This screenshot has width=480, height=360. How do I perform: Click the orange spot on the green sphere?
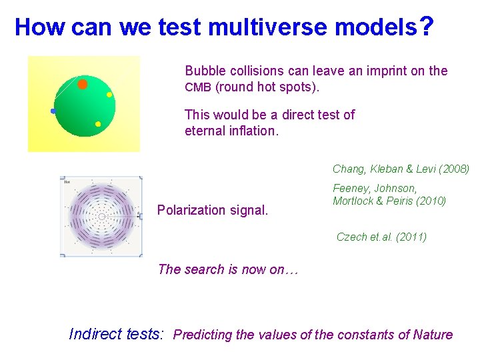pos(83,84)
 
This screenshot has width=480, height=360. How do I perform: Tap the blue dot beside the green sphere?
pos(53,111)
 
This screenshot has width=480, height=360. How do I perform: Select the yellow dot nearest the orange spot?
pos(109,95)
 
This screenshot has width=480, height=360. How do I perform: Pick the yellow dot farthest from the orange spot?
pos(98,124)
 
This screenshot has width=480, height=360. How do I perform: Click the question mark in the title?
pos(427,27)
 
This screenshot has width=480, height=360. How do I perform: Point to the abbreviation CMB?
pos(197,87)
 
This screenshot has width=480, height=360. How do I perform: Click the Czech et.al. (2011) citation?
pos(381,237)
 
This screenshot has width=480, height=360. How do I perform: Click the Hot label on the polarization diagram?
pos(67,181)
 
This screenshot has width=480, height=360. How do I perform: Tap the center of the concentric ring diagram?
pos(101,216)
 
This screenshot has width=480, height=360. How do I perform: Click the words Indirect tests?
pos(116,334)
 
